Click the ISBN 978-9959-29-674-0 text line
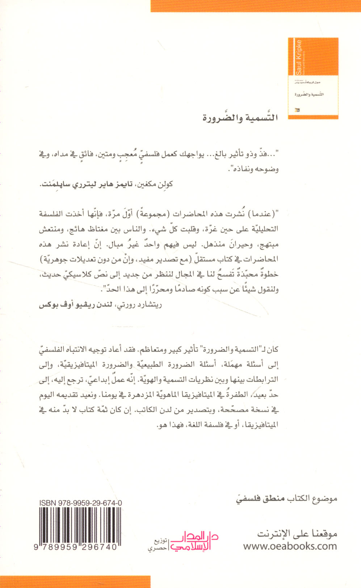(80, 502)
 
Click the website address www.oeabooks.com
(290, 546)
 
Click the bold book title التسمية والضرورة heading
(240, 118)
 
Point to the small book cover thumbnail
(313, 78)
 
